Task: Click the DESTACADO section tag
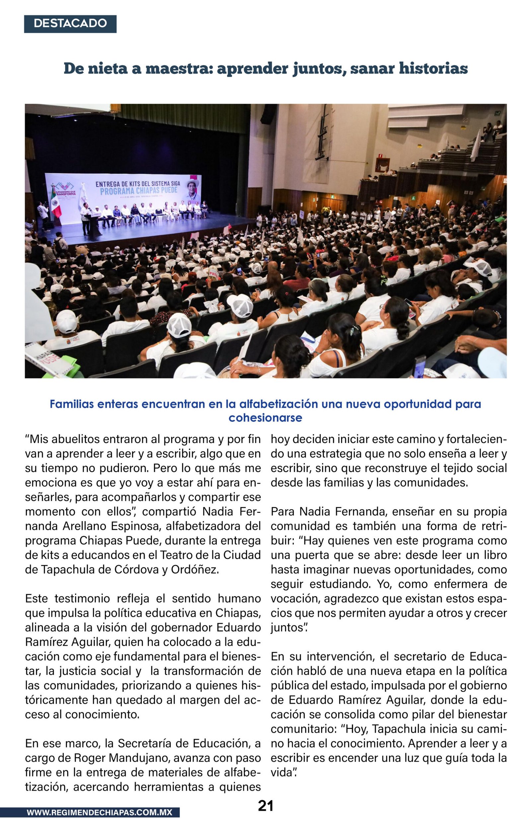point(70,24)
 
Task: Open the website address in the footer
point(99,812)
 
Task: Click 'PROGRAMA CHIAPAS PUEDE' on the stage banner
point(139,191)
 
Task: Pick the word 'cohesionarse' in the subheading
point(265,418)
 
